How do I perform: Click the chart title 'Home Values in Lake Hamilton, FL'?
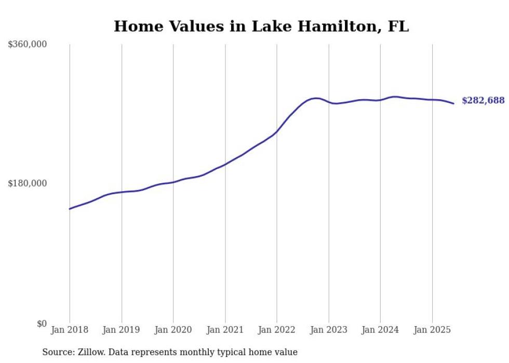[x=261, y=26]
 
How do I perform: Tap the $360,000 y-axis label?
[x=27, y=45]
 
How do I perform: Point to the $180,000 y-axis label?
[x=27, y=183]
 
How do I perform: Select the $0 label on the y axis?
[x=42, y=324]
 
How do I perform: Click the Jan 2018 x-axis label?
[x=70, y=330]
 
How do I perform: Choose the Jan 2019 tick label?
[x=122, y=330]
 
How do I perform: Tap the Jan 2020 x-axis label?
[x=173, y=330]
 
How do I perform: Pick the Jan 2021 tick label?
[x=225, y=330]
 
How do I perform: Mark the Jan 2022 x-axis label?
[x=277, y=330]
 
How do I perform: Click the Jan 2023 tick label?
[x=328, y=330]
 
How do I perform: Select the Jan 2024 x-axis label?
[x=380, y=330]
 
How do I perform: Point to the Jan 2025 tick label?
[x=432, y=330]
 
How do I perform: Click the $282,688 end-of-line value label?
[x=483, y=101]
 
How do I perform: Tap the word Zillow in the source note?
[x=87, y=353]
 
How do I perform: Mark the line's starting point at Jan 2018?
[x=70, y=209]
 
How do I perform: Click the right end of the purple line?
[x=453, y=103]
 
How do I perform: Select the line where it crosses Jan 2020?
[x=173, y=182]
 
